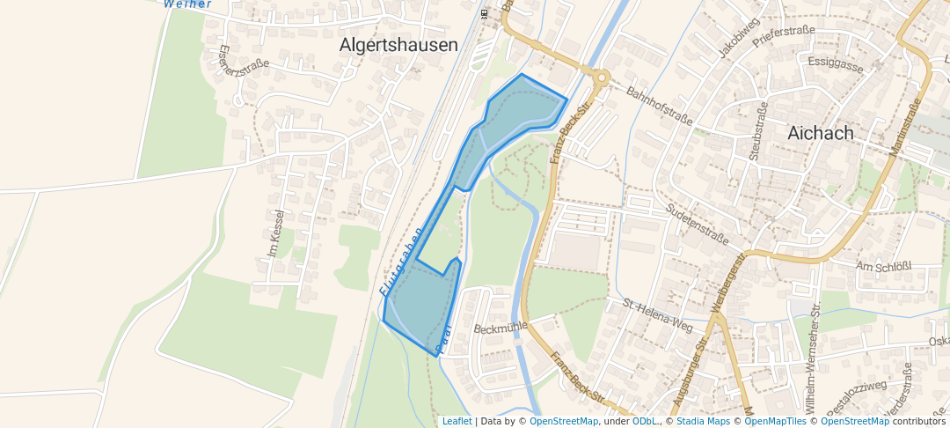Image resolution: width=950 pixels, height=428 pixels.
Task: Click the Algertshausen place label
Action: tap(398, 45)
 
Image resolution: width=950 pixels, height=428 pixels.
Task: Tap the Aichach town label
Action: tap(821, 133)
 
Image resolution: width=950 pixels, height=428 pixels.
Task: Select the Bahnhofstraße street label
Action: tap(659, 105)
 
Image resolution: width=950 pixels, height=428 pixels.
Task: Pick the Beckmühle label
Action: tap(500, 328)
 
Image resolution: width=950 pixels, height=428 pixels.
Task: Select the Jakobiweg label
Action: tap(737, 38)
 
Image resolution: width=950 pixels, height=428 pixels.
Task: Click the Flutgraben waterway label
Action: tap(400, 260)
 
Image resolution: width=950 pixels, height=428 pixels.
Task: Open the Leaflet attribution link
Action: tap(457, 421)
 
